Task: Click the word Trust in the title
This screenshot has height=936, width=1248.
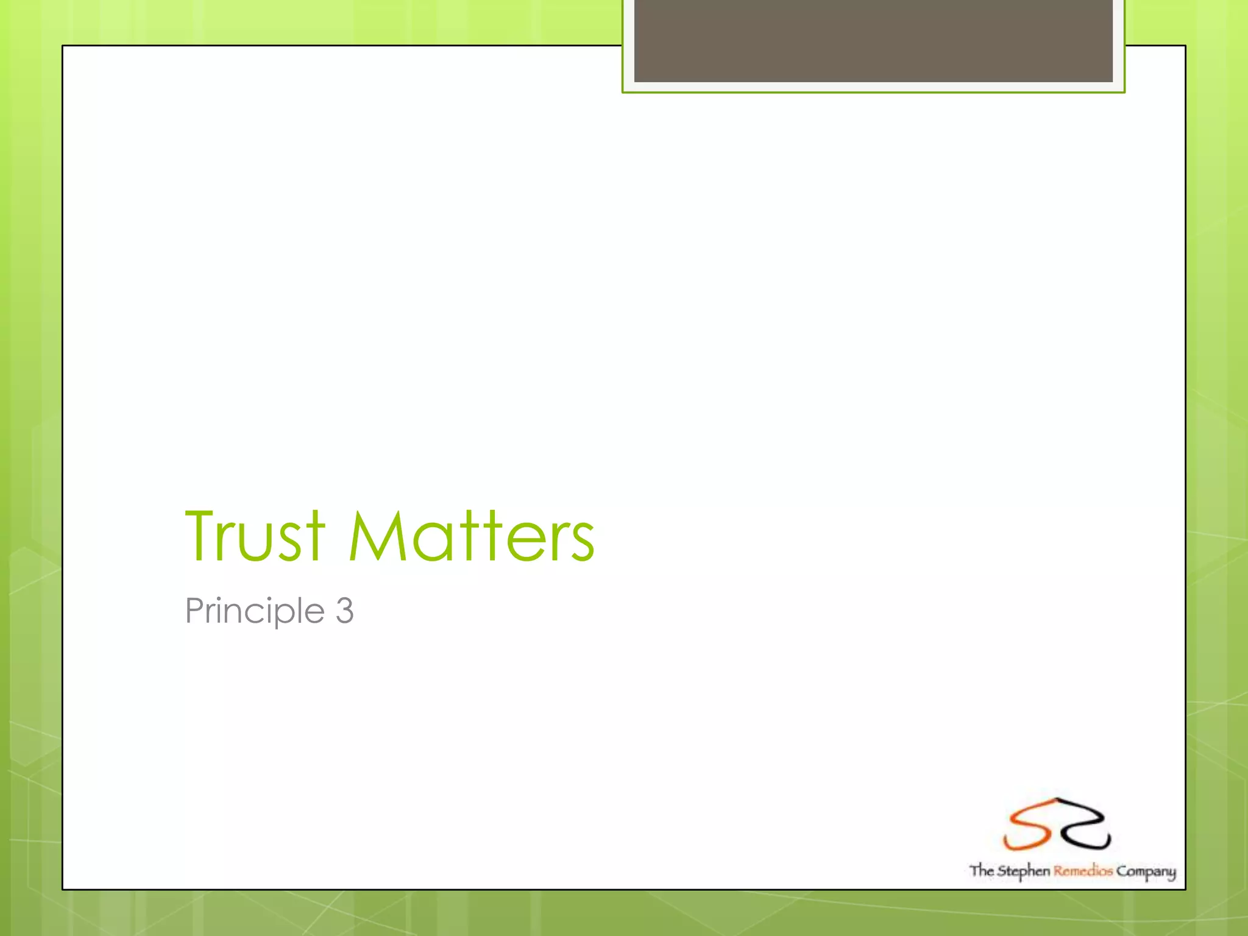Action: point(255,536)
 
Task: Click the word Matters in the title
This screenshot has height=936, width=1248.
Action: point(472,536)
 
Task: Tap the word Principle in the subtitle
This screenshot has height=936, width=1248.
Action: point(255,611)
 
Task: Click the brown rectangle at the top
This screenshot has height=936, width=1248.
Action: point(873,41)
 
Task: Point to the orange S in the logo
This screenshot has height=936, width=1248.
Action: point(1027,826)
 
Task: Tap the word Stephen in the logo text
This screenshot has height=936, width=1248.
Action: point(1024,871)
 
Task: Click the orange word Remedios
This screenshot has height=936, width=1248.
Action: point(1083,871)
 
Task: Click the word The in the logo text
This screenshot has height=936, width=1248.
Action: point(982,870)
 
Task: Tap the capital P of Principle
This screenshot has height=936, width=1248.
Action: point(194,611)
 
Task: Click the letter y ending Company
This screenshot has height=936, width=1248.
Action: point(1171,874)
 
